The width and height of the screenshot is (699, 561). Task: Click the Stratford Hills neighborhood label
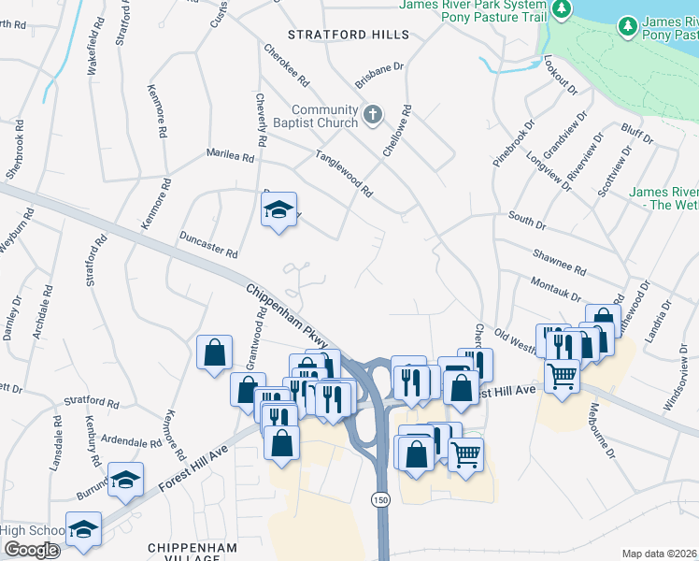(x=349, y=35)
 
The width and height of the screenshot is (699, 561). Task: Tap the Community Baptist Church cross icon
(x=372, y=114)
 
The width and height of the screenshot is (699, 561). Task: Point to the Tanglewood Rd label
(x=344, y=174)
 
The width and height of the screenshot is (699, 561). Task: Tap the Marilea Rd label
(x=231, y=158)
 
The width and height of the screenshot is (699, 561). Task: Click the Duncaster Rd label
(x=208, y=246)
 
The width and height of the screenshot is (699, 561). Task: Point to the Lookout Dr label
(x=560, y=78)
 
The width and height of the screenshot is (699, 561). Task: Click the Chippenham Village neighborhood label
(x=184, y=551)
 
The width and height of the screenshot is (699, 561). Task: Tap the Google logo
(x=31, y=550)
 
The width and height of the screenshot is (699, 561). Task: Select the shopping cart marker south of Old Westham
(x=561, y=376)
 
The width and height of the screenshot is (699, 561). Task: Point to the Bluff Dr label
(x=637, y=134)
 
